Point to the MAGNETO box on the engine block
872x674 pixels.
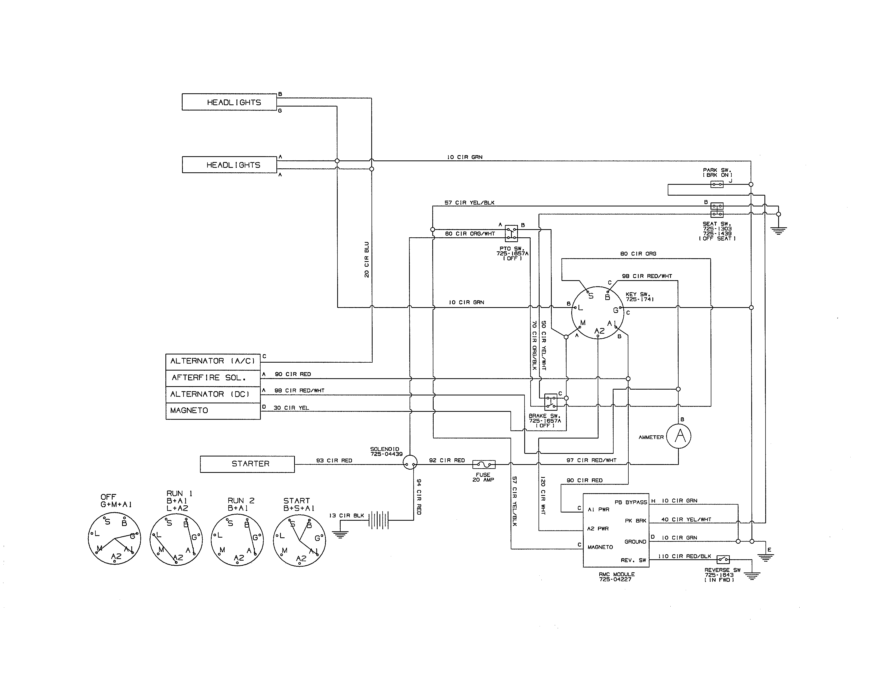pos(213,411)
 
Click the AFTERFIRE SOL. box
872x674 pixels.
pos(213,378)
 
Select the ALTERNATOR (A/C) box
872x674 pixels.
pos(213,361)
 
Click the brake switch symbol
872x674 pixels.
pos(551,402)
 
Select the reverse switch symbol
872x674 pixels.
pos(723,559)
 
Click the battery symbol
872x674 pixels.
pos(378,520)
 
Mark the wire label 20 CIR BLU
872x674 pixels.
pos(367,260)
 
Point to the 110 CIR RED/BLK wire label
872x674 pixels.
pos(684,556)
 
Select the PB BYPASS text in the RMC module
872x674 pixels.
pos(630,502)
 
